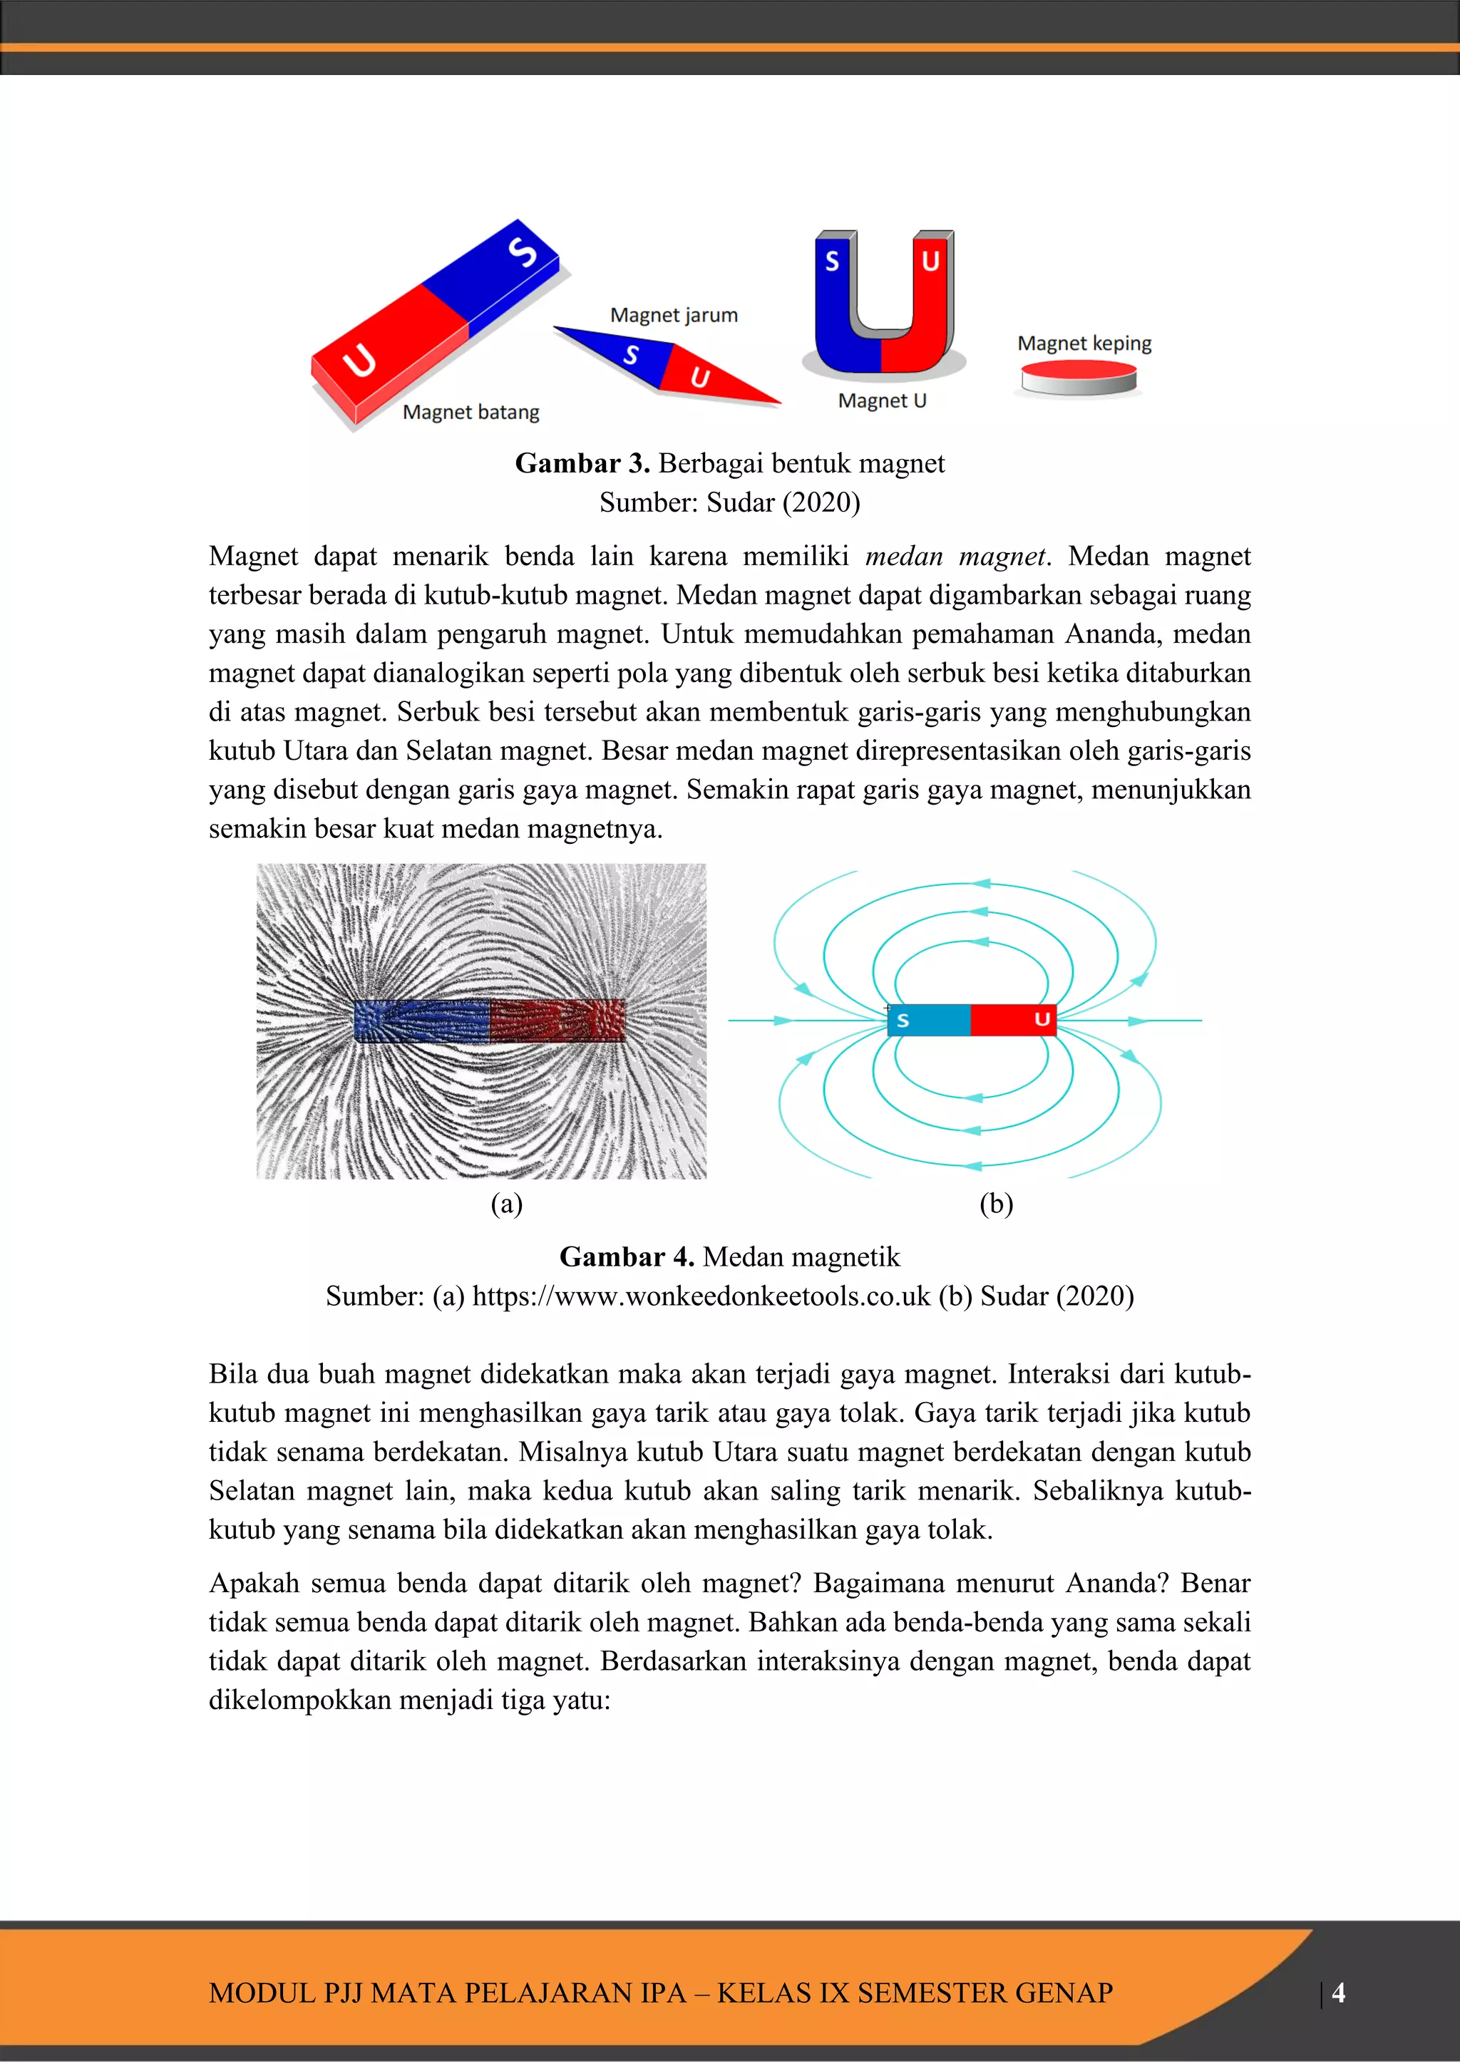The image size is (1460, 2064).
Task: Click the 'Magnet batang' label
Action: (x=471, y=412)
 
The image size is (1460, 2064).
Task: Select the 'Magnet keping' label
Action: (x=1084, y=343)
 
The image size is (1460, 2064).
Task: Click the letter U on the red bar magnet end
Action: (x=359, y=361)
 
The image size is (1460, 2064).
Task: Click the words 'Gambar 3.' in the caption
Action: (x=582, y=463)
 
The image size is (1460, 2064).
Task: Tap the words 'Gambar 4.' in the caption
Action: (x=626, y=1256)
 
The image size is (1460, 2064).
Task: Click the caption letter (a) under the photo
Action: (x=506, y=1203)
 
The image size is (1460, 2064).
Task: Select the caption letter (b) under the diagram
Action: (x=995, y=1203)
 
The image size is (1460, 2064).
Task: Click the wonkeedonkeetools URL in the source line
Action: (x=701, y=1296)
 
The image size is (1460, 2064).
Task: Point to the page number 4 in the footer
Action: (x=1337, y=1992)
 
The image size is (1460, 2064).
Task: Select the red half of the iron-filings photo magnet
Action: (x=557, y=1021)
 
